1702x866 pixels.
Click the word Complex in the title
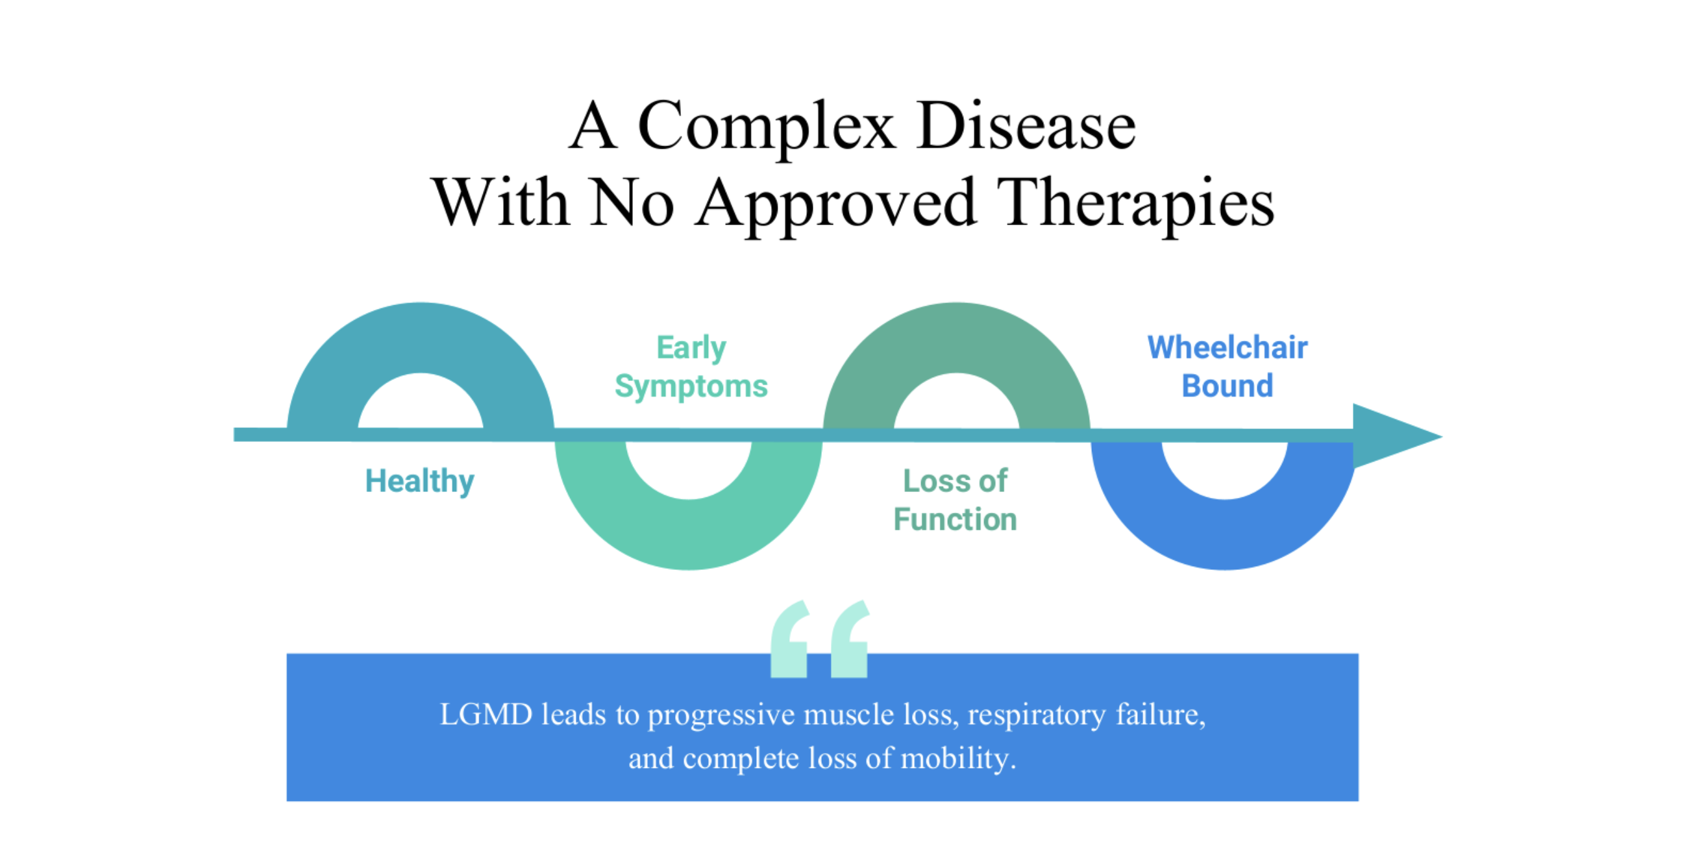(x=767, y=127)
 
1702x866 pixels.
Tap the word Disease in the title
(x=1027, y=125)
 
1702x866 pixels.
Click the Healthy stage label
(x=419, y=482)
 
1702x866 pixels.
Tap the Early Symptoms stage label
(x=691, y=367)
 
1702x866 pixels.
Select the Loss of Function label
(x=956, y=500)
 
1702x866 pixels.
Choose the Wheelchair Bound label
(x=1227, y=366)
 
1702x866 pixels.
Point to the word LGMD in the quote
(x=486, y=715)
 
